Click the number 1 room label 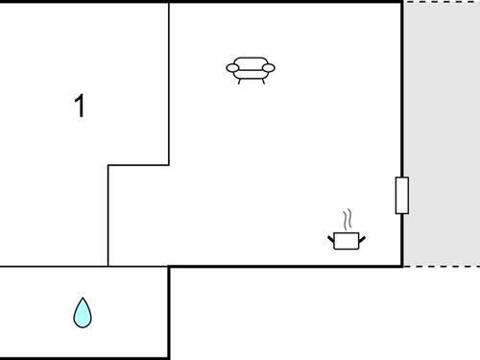point(81,107)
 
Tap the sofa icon point(251,70)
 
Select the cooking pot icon point(347,239)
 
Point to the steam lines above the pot point(350,219)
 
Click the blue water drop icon point(84,312)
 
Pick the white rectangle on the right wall point(401,195)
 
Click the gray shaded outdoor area point(441,134)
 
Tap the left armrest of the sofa point(231,67)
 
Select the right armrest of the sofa point(270,67)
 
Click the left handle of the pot point(330,236)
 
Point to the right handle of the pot point(363,236)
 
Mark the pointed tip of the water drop point(84,300)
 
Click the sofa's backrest point(251,62)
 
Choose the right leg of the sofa point(262,81)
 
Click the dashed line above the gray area point(441,2)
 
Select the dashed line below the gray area point(441,266)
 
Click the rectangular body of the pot point(347,241)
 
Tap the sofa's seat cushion point(251,73)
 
